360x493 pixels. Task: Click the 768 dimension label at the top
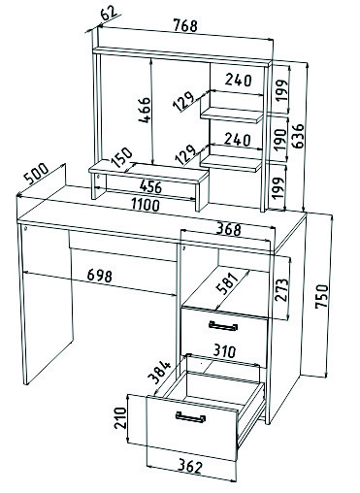coord(185,25)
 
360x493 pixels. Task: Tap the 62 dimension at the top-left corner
coord(109,14)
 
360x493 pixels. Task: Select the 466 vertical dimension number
coord(145,110)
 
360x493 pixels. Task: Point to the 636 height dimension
coord(299,136)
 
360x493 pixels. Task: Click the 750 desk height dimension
coord(322,296)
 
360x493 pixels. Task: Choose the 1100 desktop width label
coord(146,205)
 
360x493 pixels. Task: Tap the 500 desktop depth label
coord(36,174)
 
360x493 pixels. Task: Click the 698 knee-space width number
coord(100,276)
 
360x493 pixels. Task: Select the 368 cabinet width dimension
coord(229,229)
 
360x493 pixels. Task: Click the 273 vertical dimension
coord(281,289)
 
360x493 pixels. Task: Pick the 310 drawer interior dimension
coord(225,350)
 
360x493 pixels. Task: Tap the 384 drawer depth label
coord(159,372)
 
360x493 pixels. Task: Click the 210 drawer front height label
coord(120,417)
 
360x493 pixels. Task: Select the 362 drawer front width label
coord(190,466)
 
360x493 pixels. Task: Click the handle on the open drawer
coord(190,417)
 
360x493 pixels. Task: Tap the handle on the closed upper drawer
coord(223,326)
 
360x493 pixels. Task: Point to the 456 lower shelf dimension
coord(150,186)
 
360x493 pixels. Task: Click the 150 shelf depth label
coord(121,157)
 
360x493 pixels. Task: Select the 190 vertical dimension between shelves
coord(280,140)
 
